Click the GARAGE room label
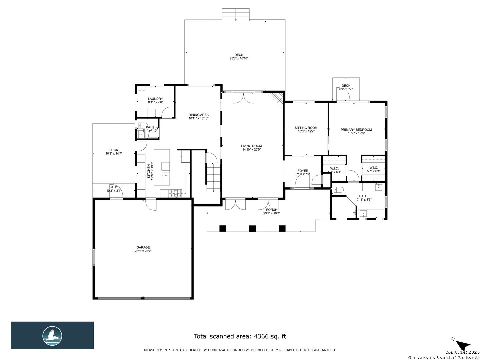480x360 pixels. pos(142,247)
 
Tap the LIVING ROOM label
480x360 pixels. pos(252,146)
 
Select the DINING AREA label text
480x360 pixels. pos(198,115)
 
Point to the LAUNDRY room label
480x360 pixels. pos(155,99)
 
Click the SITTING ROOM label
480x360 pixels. pos(306,128)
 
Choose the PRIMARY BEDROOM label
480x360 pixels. pos(356,130)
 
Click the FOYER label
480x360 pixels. pos(303,171)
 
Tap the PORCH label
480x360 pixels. pos(271,210)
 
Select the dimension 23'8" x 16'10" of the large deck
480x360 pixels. pos(239,58)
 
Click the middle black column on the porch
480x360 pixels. pos(252,228)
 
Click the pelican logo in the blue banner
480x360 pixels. pos(52,335)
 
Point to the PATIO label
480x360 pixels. pos(114,187)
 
